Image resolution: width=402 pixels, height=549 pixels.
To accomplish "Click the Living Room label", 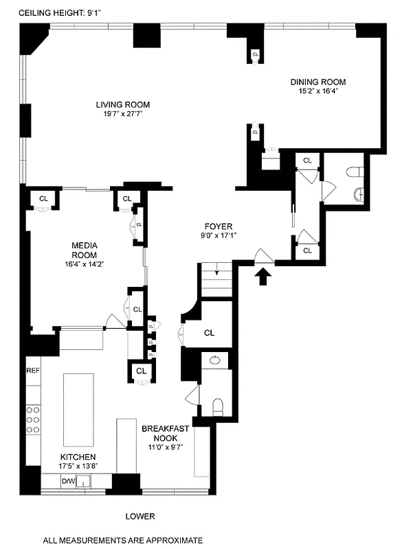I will pos(123,105).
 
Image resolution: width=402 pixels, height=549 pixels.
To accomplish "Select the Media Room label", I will pos(85,250).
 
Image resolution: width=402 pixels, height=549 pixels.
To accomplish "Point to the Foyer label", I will pos(219,226).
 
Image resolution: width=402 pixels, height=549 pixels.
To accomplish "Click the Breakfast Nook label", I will pos(160,433).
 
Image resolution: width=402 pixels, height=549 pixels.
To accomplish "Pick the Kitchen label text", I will pos(77,457).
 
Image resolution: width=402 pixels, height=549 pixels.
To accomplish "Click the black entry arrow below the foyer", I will pos(264,277).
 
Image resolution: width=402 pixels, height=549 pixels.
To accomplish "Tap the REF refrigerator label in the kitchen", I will pos(32,371).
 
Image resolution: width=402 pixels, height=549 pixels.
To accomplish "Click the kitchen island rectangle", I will pos(79,410).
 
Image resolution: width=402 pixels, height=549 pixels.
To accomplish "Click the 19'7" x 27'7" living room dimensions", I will pos(123,114).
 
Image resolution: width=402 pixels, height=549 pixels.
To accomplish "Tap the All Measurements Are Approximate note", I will pos(123,541).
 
